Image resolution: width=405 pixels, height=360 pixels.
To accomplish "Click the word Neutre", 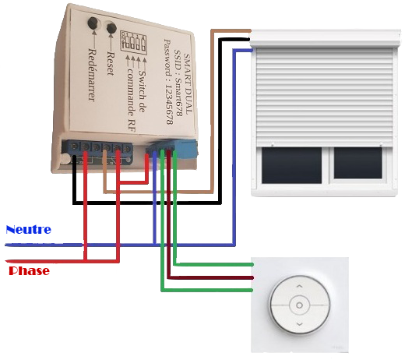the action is pos(28,230).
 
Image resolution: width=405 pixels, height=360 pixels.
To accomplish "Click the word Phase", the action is pos(29,270).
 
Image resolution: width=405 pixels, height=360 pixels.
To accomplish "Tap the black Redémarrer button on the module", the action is pos(93,23).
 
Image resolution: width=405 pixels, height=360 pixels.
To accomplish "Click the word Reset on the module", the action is pos(111,64).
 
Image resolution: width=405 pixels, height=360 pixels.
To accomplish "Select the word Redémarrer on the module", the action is pos(92,75).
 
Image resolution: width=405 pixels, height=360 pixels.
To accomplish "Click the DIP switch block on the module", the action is pos(133,42).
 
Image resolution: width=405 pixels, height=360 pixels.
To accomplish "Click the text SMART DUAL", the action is pos(188,83).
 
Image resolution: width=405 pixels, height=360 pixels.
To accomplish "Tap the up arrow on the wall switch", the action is pos(300,286).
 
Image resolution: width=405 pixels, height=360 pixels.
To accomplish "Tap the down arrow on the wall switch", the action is pos(300,324).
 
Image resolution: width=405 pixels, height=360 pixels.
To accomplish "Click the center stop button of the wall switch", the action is pos(299,305).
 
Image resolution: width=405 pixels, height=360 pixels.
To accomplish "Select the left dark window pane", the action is pos(291,165).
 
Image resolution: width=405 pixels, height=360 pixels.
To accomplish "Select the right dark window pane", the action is pos(357,163).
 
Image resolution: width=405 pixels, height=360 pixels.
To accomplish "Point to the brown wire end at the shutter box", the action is pos(249,31).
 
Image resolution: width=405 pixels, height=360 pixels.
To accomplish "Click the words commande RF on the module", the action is pos(132,100).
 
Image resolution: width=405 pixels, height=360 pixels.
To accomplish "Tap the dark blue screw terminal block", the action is pos(97,153).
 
